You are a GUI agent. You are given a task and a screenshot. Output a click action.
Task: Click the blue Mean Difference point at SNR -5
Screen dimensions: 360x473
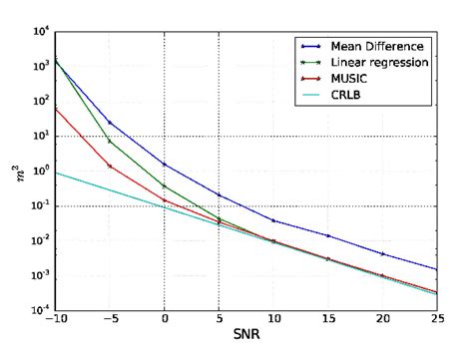pyautogui.click(x=109, y=123)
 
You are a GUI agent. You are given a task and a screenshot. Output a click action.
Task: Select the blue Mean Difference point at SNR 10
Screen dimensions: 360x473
pyautogui.click(x=273, y=220)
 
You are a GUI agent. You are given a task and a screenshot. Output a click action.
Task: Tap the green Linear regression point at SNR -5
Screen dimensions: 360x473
pyautogui.click(x=109, y=142)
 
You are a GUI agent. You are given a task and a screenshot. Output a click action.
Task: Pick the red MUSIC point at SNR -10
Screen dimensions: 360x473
pyautogui.click(x=55, y=109)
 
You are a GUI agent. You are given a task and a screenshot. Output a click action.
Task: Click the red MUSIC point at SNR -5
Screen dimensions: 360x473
pyautogui.click(x=109, y=166)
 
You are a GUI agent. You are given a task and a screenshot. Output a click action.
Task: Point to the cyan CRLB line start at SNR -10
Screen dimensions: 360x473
pyautogui.click(x=55, y=172)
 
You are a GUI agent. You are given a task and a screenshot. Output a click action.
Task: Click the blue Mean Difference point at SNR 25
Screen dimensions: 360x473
pyautogui.click(x=437, y=269)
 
